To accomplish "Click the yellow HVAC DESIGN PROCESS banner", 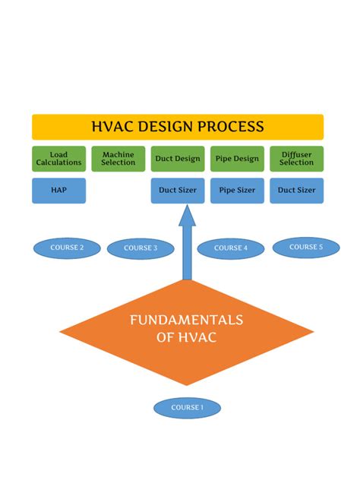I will point(178,127).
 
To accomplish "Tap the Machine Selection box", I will point(118,159).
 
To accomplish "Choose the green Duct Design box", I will point(178,159).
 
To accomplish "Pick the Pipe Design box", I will point(237,159).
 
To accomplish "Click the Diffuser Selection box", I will point(296,159).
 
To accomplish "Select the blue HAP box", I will point(59,190).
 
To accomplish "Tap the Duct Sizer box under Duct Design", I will point(178,190).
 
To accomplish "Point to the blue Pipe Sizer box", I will point(237,190).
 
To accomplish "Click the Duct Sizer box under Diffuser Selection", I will point(296,190).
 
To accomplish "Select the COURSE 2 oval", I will point(67,248).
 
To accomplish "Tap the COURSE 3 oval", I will point(141,248).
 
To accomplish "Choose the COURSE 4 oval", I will point(231,248).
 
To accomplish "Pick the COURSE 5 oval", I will point(305,247).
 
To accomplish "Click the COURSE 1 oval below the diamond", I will point(187,408).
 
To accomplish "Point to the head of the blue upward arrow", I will point(187,213).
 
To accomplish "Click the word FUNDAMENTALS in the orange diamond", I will point(187,321).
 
